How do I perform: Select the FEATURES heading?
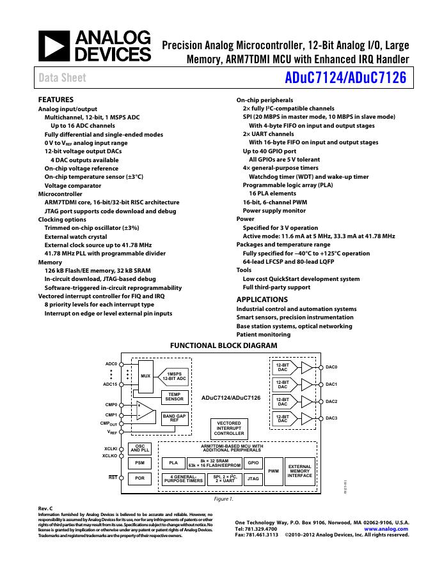point(56,100)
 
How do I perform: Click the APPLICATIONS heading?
point(262,300)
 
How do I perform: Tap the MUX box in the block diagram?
point(146,376)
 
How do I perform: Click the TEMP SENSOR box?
point(174,397)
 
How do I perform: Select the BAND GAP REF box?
point(174,419)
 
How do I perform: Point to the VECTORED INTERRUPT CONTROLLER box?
point(229,429)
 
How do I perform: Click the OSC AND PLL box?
point(140,448)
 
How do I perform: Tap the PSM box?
point(140,463)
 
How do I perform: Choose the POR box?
point(140,478)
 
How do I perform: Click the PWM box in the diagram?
point(273,471)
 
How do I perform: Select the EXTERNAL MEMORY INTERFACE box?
point(299,471)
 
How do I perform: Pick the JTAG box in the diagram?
point(253,478)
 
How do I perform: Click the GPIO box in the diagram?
point(253,462)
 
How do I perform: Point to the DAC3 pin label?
point(331,418)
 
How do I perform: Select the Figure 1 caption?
point(223,499)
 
